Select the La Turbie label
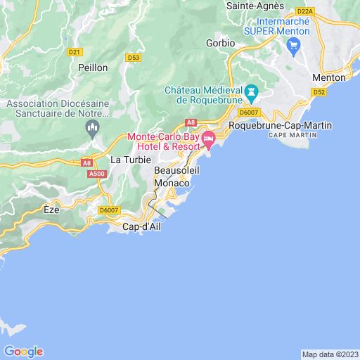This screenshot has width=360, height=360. [130, 160]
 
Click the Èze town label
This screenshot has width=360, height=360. [51, 210]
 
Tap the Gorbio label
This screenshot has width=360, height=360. [220, 43]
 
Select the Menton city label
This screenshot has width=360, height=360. [328, 77]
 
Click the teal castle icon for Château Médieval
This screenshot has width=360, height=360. [252, 93]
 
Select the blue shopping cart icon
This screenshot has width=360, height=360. [294, 47]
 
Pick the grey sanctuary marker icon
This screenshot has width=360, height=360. [91, 127]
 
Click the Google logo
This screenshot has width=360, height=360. [23, 352]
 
